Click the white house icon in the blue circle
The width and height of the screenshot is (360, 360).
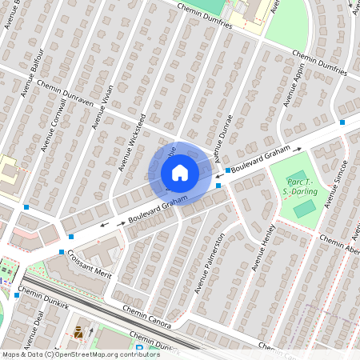tap(180, 172)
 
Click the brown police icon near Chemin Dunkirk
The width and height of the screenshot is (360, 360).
tap(78, 331)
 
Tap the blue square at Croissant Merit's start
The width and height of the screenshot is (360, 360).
tap(61, 252)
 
